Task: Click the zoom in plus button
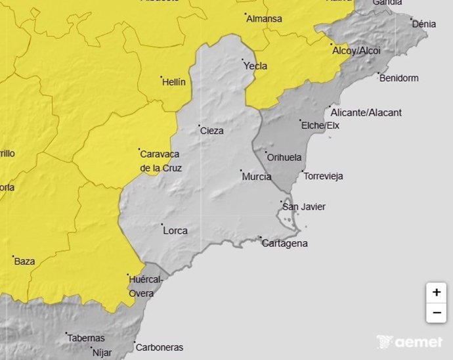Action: point(436,292)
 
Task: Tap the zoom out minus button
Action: point(436,313)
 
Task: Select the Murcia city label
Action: point(257,177)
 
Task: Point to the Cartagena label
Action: point(284,243)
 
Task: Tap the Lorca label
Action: point(175,231)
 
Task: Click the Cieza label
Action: point(211,131)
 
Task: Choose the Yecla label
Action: point(255,66)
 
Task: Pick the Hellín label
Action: point(174,82)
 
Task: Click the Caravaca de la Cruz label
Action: point(161,161)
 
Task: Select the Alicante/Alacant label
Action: point(366,112)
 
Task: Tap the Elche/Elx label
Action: point(320,125)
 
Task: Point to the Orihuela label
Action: point(285,158)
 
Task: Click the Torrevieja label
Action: point(324,176)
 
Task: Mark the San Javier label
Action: point(303,207)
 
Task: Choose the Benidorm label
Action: point(399,78)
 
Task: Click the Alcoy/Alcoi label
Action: point(356,51)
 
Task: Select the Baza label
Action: point(24,261)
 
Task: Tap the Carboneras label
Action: point(160,347)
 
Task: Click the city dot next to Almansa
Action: point(245,14)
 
